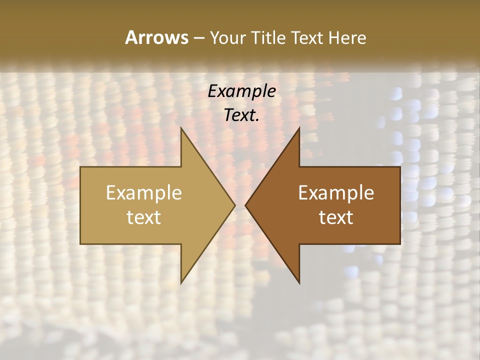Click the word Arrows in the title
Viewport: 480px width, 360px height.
(x=156, y=37)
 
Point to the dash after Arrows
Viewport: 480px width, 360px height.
(x=198, y=38)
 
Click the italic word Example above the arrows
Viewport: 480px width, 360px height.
(x=242, y=91)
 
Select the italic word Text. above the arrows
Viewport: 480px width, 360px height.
(x=242, y=115)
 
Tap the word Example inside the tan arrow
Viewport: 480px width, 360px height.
(x=144, y=193)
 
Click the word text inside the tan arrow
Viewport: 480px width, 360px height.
(x=144, y=217)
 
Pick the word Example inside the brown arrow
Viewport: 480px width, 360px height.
(x=336, y=193)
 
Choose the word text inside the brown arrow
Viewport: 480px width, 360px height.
(x=336, y=217)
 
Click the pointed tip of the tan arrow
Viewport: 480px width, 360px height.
(x=234, y=205)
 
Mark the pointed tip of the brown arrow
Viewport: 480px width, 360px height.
(x=246, y=205)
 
